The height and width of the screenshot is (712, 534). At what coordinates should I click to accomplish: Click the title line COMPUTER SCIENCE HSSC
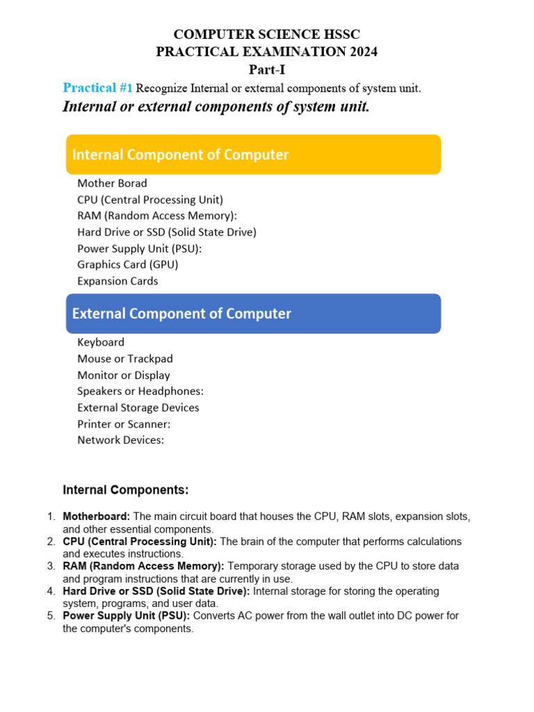point(267,34)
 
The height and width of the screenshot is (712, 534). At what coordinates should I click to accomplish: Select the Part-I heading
point(267,70)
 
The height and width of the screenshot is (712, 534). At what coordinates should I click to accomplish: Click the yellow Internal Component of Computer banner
point(253,154)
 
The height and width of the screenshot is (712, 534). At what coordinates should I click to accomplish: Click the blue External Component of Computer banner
point(253,314)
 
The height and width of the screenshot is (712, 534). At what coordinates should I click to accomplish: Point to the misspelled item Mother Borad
point(112,184)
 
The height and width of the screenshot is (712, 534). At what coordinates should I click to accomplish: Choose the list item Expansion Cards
point(118,282)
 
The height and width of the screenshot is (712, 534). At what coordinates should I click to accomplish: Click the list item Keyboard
point(101,342)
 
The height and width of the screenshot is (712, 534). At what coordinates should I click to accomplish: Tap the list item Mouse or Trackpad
point(125,359)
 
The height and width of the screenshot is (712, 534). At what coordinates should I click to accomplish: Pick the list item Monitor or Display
point(124,375)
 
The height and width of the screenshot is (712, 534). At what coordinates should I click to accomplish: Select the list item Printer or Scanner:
point(124,424)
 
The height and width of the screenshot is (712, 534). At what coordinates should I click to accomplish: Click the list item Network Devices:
point(121,440)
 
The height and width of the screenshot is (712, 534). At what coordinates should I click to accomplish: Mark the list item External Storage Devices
point(138,408)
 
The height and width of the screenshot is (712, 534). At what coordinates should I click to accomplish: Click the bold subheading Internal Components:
point(126,490)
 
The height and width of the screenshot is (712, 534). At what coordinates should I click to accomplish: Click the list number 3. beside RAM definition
point(51,567)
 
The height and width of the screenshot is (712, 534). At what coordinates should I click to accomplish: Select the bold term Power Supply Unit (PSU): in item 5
point(127,616)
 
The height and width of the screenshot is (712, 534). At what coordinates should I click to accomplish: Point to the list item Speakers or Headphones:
point(140,391)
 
